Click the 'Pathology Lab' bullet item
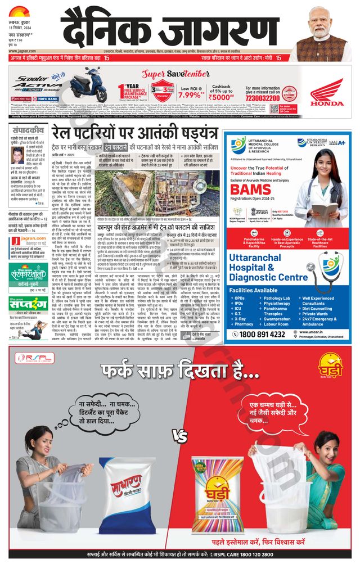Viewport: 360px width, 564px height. coord(277,298)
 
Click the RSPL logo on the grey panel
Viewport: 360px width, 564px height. coord(29,358)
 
